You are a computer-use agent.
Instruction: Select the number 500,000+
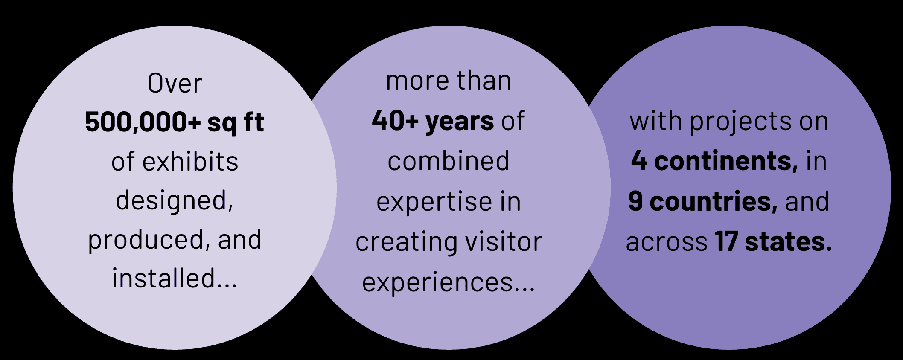[x=143, y=122]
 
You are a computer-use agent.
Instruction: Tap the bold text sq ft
[x=236, y=123]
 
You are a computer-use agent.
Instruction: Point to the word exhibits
[x=190, y=162]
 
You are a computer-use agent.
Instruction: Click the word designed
[x=174, y=201]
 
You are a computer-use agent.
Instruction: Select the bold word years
[x=460, y=122]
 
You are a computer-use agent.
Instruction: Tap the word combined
[x=449, y=161]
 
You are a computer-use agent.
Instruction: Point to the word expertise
[x=434, y=202]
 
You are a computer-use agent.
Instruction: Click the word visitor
[x=504, y=242]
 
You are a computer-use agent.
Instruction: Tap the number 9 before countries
[x=635, y=201]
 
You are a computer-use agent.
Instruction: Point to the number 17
[x=726, y=241]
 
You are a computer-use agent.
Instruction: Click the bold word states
[x=788, y=242]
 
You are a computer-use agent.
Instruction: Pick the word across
[x=667, y=243]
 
